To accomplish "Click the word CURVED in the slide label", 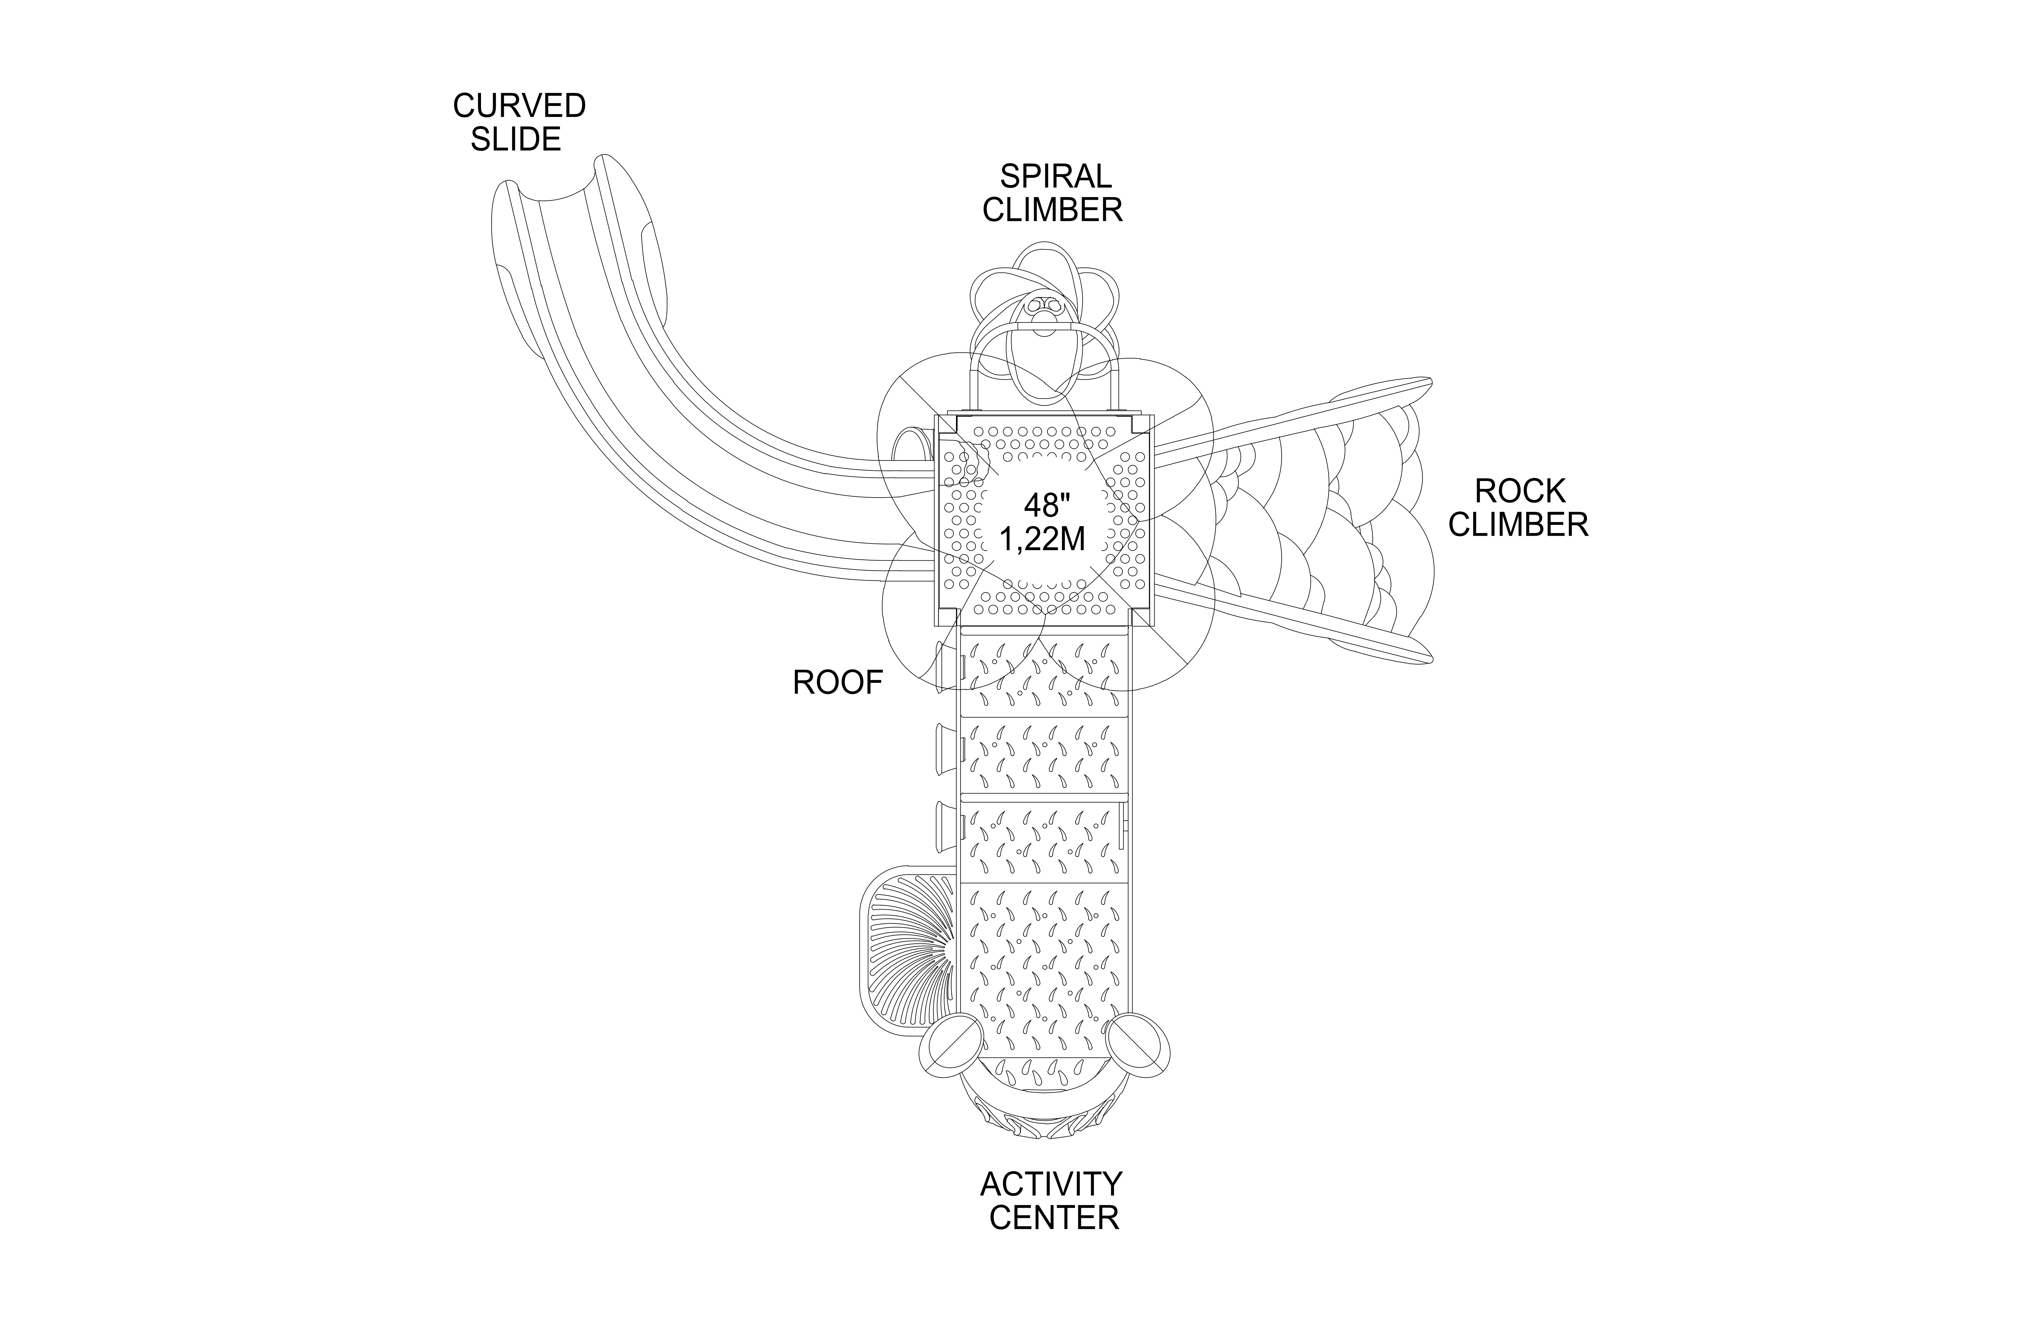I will [x=519, y=106].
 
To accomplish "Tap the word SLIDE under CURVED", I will [x=516, y=139].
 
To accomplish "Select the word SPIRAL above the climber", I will [x=1055, y=177].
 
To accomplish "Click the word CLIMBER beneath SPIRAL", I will [x=1052, y=210].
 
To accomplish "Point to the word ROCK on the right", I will [x=1519, y=492].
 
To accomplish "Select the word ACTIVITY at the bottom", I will [x=1051, y=1185].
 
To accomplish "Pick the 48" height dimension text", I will [x=1042, y=506].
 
